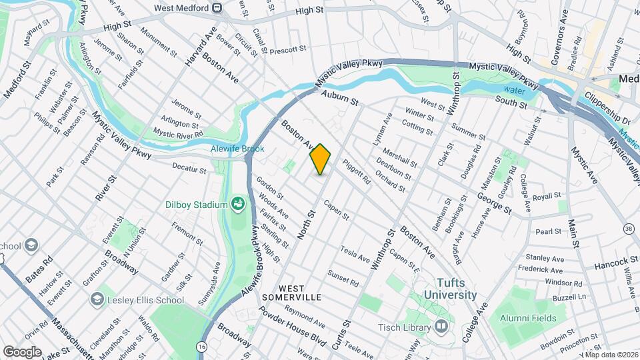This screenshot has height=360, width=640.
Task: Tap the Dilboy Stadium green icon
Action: tap(237, 203)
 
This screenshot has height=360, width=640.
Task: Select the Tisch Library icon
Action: tap(441, 327)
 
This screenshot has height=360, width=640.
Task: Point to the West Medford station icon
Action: tap(217, 8)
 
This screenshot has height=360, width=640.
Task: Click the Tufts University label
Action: tap(448, 289)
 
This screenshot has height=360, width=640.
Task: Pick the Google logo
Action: tap(22, 351)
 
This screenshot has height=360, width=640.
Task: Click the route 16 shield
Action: tap(201, 347)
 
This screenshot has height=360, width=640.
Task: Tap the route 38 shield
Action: tap(628, 229)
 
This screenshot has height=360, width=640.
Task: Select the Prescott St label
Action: tap(288, 49)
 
